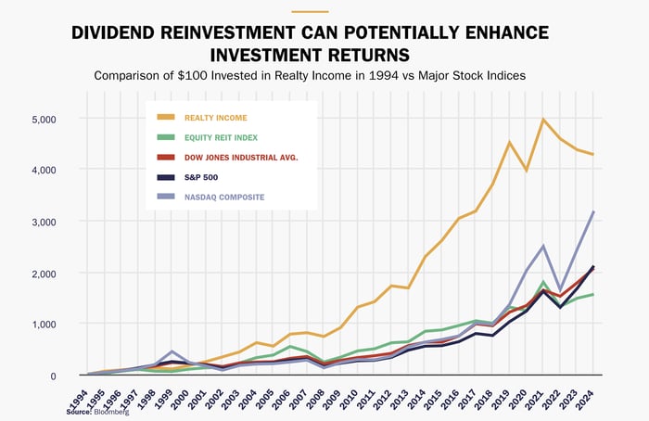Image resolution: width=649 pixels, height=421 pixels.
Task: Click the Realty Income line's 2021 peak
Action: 543,120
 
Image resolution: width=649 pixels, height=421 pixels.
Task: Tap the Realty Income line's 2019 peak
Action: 509,142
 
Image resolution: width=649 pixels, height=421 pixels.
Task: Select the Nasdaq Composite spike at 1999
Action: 172,352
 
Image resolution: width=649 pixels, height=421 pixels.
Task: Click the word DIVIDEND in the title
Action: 122,34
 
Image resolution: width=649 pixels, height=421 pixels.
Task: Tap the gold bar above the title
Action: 310,12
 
